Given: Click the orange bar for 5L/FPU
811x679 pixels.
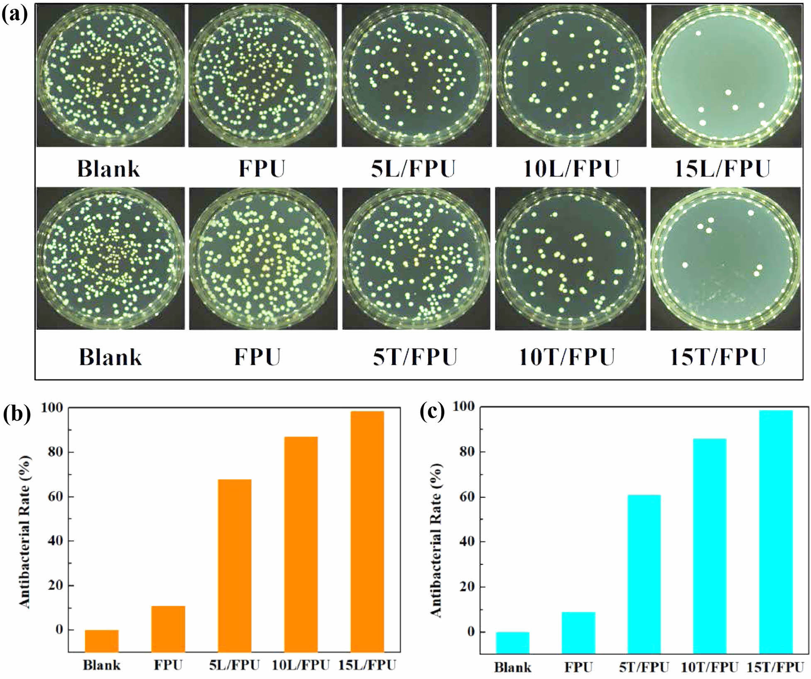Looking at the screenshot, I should click(234, 565).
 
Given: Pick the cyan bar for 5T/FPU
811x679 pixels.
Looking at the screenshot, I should click(644, 573).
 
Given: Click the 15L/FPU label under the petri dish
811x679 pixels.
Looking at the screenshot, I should click(722, 169).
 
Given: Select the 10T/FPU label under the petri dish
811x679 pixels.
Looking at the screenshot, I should click(567, 357).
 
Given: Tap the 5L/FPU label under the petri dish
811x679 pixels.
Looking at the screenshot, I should click(413, 169).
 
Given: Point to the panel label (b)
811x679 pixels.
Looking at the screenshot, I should click(17, 415).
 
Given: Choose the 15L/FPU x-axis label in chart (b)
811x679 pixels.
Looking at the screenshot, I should click(367, 665).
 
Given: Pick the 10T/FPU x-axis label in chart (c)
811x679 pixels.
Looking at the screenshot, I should click(710, 667).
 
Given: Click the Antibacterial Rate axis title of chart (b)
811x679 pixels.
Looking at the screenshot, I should click(25, 532).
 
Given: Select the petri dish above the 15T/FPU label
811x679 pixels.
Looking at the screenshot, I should click(725, 258).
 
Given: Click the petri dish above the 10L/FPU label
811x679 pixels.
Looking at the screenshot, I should click(571, 76).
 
